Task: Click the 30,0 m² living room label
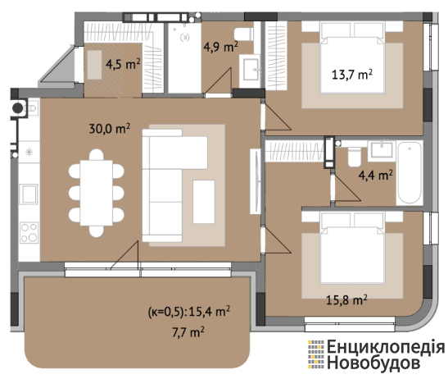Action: click(x=110, y=129)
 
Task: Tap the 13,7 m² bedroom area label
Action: click(x=352, y=75)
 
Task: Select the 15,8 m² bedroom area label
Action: click(x=346, y=300)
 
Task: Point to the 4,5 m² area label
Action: click(x=123, y=64)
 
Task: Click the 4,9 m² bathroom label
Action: click(x=220, y=47)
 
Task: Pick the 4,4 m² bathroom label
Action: click(x=375, y=175)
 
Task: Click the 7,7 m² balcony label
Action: click(x=188, y=332)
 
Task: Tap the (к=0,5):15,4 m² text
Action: click(x=189, y=311)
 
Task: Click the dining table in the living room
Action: click(x=97, y=193)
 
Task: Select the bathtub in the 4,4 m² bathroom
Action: click(x=410, y=173)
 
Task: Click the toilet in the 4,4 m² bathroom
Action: click(x=355, y=157)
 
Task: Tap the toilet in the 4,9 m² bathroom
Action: click(x=244, y=34)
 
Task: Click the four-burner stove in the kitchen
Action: click(x=29, y=232)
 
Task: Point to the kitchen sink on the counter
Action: click(x=29, y=194)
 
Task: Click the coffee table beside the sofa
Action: click(x=204, y=202)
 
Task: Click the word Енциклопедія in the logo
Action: click(x=386, y=347)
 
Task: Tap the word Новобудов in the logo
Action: click(x=373, y=363)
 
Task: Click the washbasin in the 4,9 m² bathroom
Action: click(x=251, y=69)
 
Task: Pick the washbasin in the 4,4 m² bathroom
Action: click(x=382, y=149)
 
